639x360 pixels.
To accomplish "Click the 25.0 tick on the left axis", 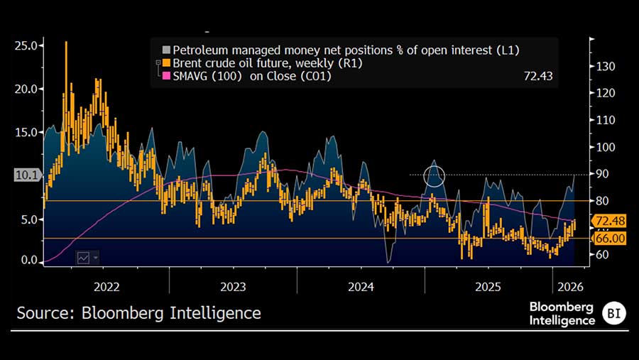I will pyautogui.click(x=28, y=45).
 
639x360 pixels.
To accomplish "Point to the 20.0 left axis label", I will pyautogui.click(x=28, y=89).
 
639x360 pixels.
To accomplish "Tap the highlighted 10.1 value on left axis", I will pyautogui.click(x=27, y=175).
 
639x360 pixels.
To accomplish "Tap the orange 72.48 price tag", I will pyautogui.click(x=610, y=221).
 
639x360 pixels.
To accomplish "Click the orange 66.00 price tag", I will pyautogui.click(x=610, y=239).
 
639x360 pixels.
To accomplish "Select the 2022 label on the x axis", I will pyautogui.click(x=106, y=287).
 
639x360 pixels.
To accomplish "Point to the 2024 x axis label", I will pyautogui.click(x=361, y=287).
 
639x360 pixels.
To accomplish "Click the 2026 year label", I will pyautogui.click(x=571, y=287).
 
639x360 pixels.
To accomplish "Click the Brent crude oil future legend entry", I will pyautogui.click(x=256, y=62).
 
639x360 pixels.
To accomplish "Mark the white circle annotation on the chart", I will pyautogui.click(x=434, y=175).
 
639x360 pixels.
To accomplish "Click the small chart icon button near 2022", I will pyautogui.click(x=84, y=258).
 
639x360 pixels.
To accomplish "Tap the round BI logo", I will pyautogui.click(x=613, y=313).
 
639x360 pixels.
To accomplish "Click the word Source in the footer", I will pyautogui.click(x=44, y=313).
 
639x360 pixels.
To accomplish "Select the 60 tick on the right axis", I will pyautogui.click(x=601, y=254).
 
